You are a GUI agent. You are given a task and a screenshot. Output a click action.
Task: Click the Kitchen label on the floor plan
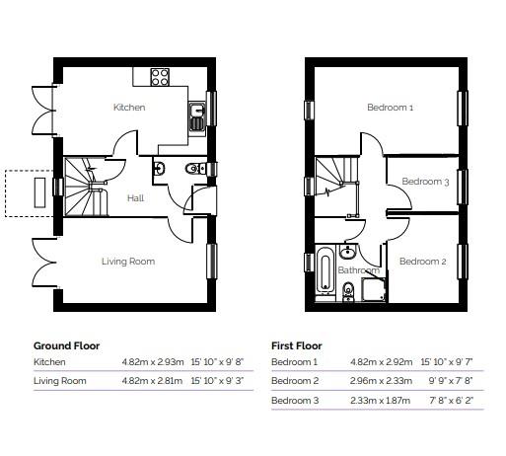click(x=130, y=107)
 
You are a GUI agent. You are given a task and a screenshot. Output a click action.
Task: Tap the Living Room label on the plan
click(x=128, y=262)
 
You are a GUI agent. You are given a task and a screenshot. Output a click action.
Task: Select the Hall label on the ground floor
click(x=136, y=198)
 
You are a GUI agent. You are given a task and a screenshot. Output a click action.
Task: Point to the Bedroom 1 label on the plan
click(x=391, y=108)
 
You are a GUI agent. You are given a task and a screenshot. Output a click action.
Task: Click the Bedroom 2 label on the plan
click(x=424, y=262)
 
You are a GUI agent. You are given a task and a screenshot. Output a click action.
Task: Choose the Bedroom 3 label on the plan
click(x=425, y=182)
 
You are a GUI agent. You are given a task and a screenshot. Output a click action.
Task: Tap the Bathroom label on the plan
click(x=358, y=269)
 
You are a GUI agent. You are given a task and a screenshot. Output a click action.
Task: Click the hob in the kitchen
click(x=160, y=76)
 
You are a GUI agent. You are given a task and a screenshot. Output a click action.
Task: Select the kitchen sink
click(x=196, y=114)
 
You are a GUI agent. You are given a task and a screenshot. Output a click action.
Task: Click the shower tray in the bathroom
click(x=375, y=288)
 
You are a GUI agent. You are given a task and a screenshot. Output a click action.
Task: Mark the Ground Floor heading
click(x=67, y=346)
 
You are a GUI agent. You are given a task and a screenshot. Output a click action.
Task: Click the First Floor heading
click(x=297, y=346)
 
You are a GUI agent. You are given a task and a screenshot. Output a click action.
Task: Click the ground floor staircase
click(x=89, y=188)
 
